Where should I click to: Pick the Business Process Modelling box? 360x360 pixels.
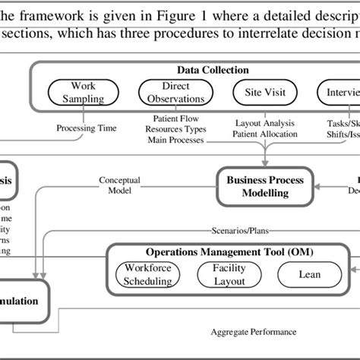pyautogui.click(x=264, y=187)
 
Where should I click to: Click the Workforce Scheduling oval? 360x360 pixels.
pyautogui.click(x=150, y=275)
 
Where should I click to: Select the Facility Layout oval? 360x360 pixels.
pyautogui.click(x=229, y=275)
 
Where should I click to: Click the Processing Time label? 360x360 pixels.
pyautogui.click(x=87, y=128)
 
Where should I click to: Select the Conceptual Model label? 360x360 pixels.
pyautogui.click(x=120, y=186)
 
